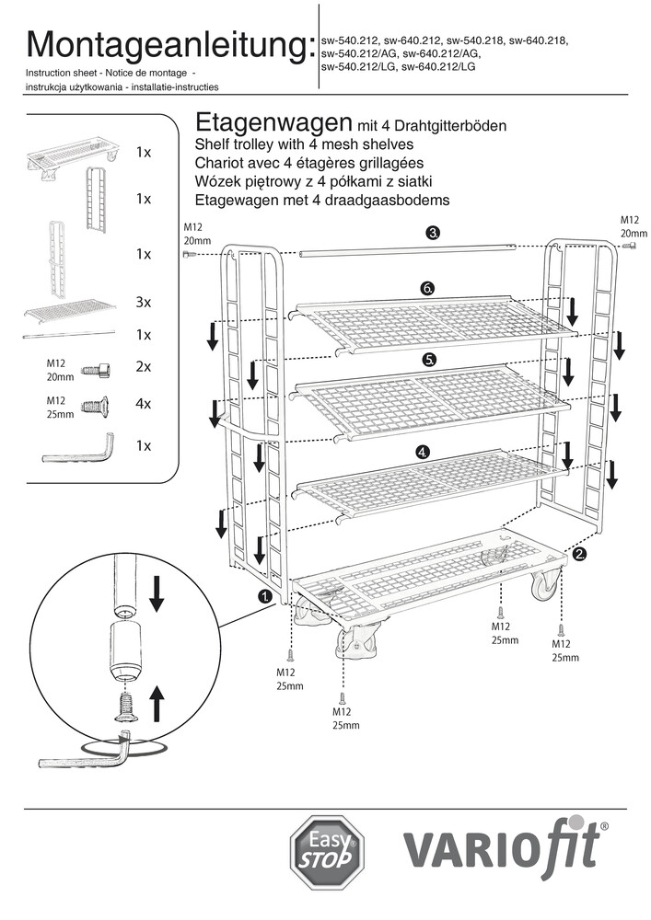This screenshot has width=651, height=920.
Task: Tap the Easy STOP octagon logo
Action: click(x=327, y=852)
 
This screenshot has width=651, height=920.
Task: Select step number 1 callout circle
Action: click(x=265, y=596)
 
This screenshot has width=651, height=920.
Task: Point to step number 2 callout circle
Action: click(x=580, y=554)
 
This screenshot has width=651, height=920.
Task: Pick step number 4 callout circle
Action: click(x=423, y=452)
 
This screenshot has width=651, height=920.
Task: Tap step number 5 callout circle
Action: click(x=429, y=358)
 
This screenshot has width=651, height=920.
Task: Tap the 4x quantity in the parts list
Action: click(x=143, y=404)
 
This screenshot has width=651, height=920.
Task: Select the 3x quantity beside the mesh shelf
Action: click(x=143, y=302)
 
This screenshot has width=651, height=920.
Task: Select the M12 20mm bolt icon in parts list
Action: click(x=96, y=369)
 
